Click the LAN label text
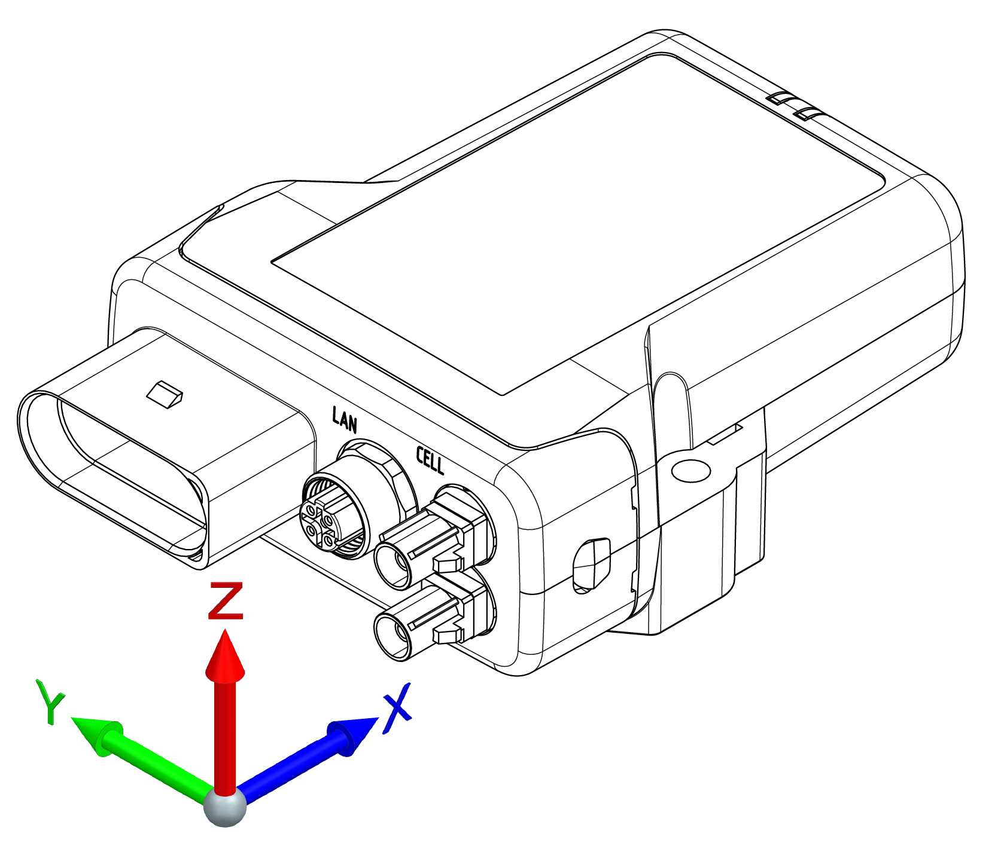(x=345, y=419)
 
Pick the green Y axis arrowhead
(x=96, y=734)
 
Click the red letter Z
(x=226, y=600)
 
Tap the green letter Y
(x=50, y=701)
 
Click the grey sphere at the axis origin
(x=225, y=806)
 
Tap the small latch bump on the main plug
(x=165, y=394)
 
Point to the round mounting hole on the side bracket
(x=691, y=471)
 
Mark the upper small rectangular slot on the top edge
(x=783, y=98)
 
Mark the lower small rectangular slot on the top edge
(x=809, y=113)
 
